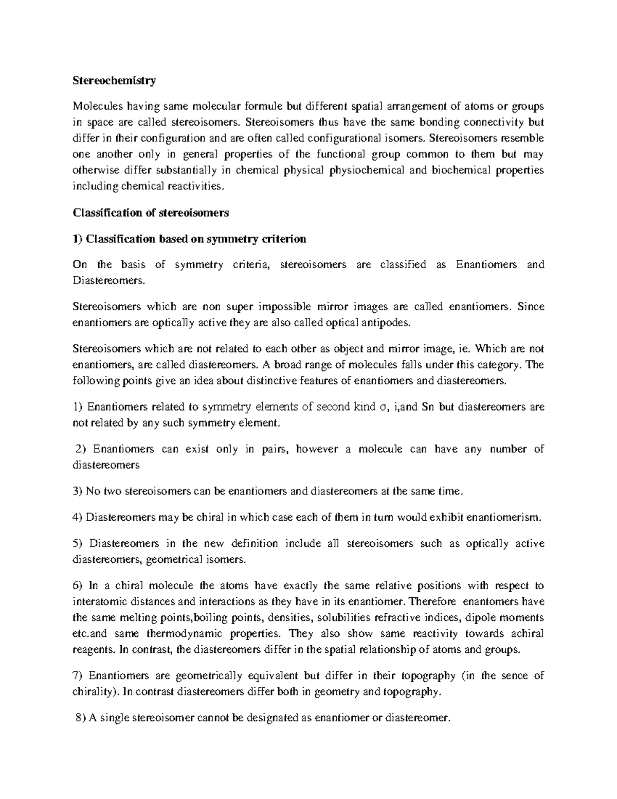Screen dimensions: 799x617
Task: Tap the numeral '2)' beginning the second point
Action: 81,449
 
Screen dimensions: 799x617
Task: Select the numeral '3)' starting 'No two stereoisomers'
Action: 78,491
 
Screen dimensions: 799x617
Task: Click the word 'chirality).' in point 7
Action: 95,692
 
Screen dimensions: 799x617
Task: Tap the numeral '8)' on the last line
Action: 81,718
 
